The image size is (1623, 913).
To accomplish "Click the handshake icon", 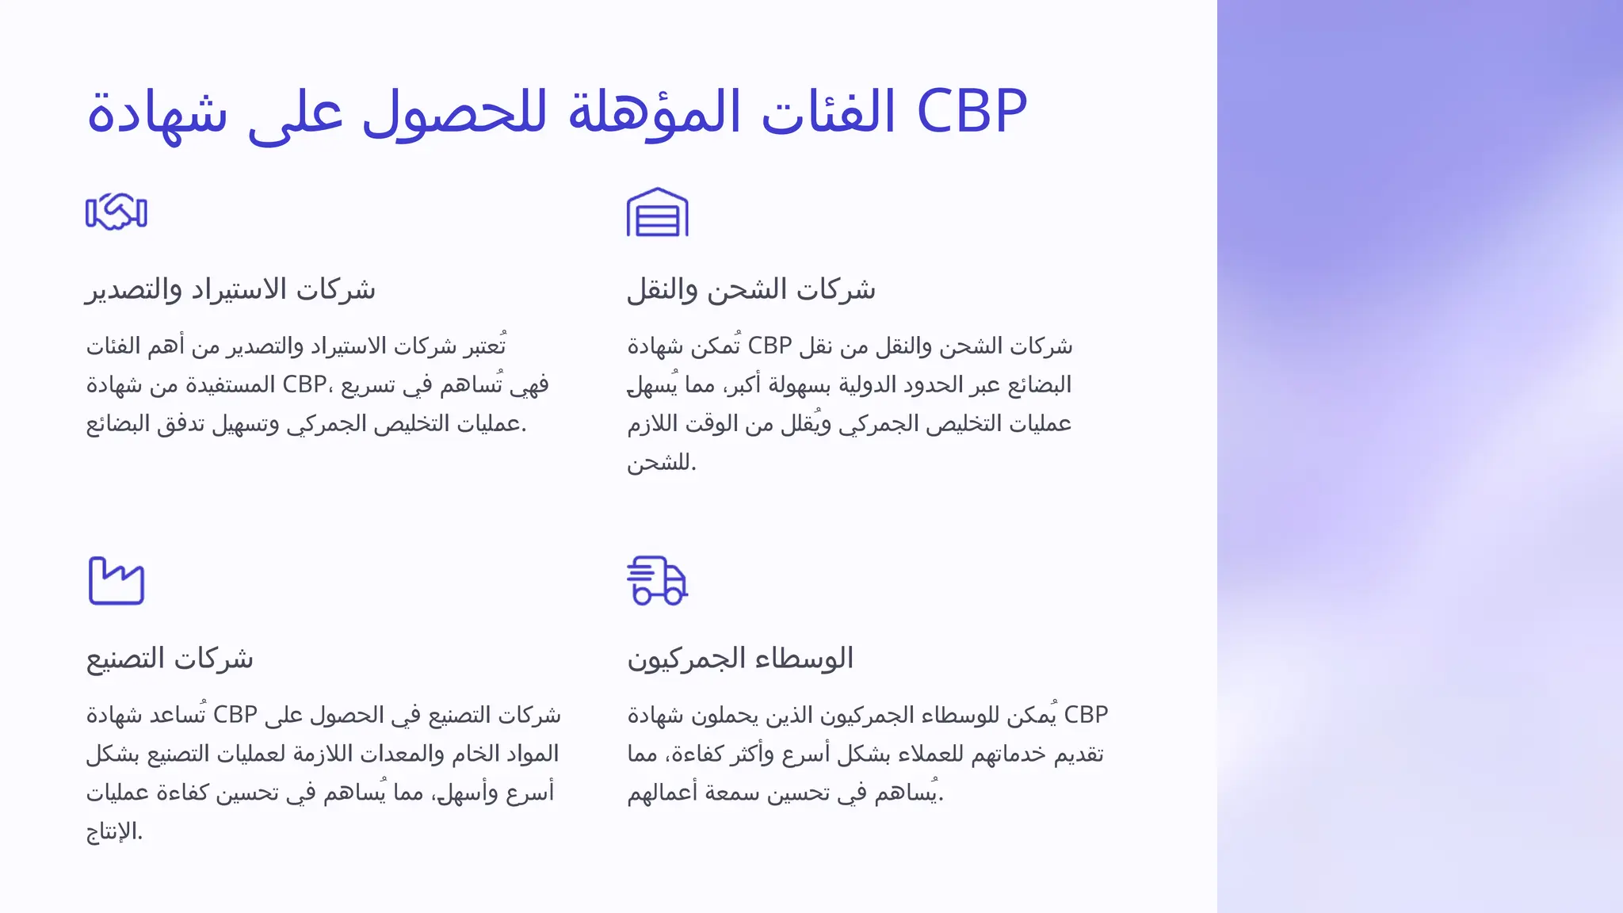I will click(x=116, y=212).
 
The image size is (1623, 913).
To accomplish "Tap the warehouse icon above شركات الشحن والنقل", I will click(x=657, y=212).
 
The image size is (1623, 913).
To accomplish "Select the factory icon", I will click(x=116, y=581).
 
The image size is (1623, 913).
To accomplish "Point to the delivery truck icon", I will click(x=657, y=581).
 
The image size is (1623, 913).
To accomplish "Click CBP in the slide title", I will click(x=972, y=111).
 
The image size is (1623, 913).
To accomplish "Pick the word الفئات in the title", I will click(x=828, y=111).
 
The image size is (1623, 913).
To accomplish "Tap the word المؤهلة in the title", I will click(x=655, y=111).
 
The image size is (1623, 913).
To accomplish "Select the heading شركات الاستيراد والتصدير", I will click(x=231, y=289).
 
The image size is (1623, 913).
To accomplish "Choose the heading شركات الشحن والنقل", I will click(x=751, y=289).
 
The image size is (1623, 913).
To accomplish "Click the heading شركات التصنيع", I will click(x=170, y=659).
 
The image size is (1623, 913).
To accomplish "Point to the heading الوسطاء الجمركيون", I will click(x=740, y=659).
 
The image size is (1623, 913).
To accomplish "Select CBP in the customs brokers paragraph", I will click(x=1086, y=715).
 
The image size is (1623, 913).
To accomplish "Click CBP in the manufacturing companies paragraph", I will click(x=235, y=715).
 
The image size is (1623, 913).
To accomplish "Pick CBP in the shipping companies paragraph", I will click(x=769, y=346).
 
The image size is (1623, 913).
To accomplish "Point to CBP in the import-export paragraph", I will click(x=304, y=385).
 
